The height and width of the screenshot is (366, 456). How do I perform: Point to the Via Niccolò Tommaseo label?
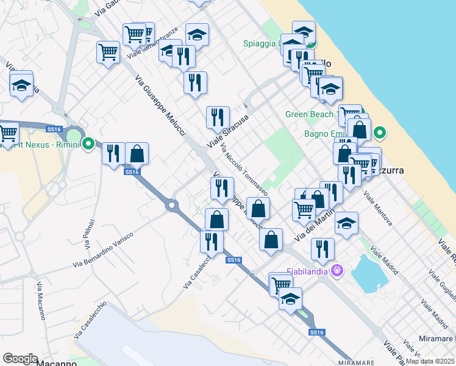pyautogui.click(x=244, y=168)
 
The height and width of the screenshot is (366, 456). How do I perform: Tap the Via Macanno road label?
pyautogui.click(x=41, y=301)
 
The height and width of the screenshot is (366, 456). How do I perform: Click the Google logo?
pyautogui.click(x=20, y=359)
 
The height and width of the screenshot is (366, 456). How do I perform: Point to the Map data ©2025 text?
pyautogui.click(x=430, y=361)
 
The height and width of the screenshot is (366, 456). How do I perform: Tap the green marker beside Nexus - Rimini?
pyautogui.click(x=88, y=145)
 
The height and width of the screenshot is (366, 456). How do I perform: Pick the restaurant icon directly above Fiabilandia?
pyautogui.click(x=322, y=248)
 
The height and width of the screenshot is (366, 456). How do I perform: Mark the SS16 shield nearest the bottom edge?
pyautogui.click(x=316, y=332)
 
